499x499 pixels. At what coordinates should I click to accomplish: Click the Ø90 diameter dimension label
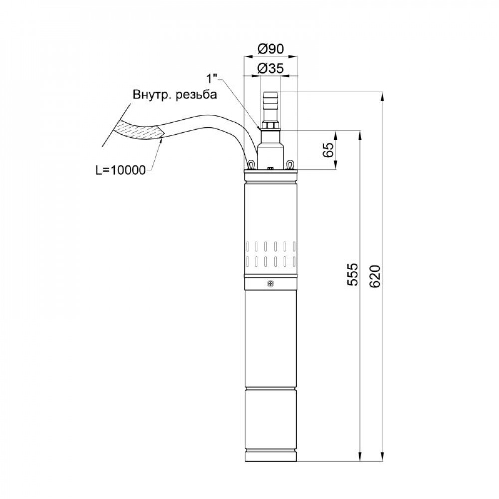(270, 49)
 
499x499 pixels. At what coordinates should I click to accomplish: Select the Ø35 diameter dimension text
(270, 69)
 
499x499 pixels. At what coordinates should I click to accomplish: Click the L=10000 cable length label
(120, 170)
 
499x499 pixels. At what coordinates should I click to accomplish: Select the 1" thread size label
(212, 79)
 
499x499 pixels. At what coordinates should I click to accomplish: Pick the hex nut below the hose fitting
(270, 125)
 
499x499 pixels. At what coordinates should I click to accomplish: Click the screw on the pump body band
(270, 284)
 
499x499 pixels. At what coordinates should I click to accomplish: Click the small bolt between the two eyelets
(270, 169)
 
